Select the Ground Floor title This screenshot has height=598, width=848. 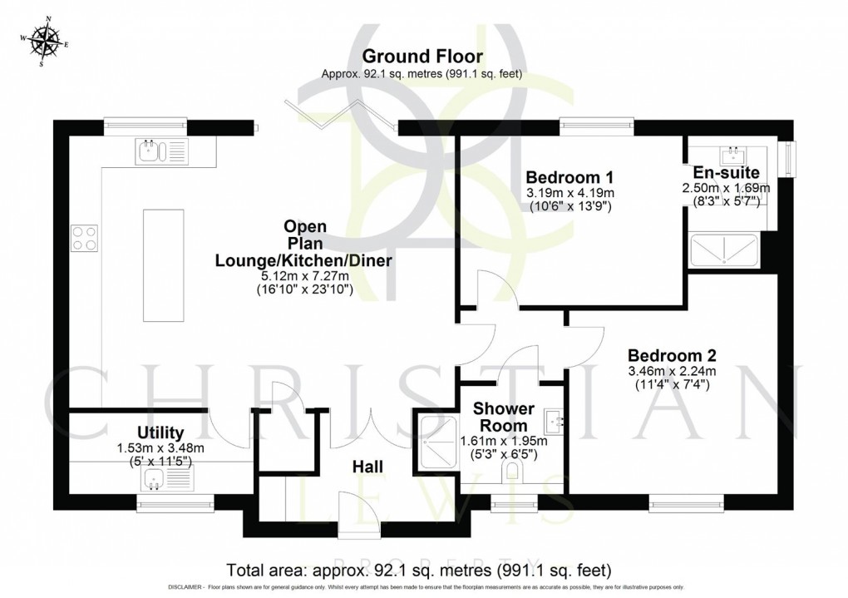(x=422, y=57)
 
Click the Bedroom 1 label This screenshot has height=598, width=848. (x=569, y=177)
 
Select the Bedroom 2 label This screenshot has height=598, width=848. (x=672, y=353)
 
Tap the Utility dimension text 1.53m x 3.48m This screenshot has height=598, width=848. (x=160, y=447)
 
